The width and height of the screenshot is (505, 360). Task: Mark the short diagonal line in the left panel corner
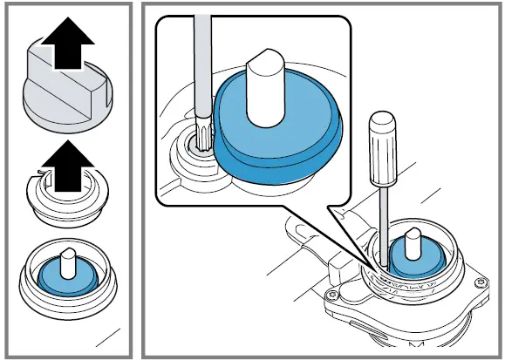point(107,335)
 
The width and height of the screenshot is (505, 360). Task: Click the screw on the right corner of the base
point(481,282)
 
